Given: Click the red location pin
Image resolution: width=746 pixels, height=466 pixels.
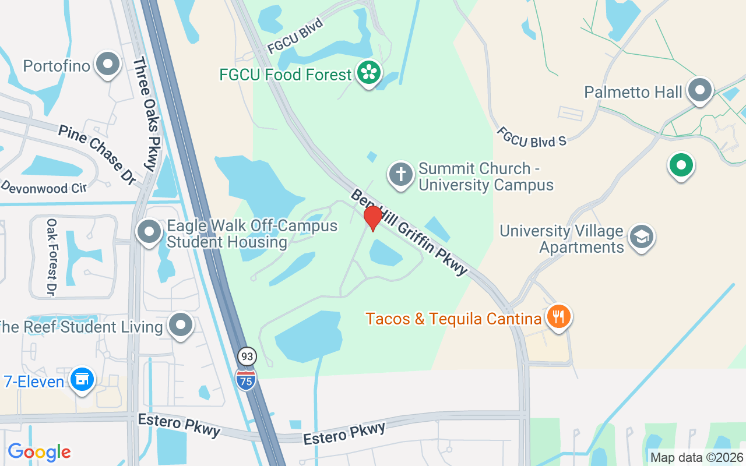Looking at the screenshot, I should coord(372,218).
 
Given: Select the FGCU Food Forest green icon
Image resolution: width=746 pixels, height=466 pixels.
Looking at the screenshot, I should coord(369,73).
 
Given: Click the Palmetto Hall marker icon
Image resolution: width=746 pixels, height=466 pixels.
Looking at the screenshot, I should coord(699,91).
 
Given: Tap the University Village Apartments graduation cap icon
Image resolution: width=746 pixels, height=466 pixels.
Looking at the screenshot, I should coord(642,237).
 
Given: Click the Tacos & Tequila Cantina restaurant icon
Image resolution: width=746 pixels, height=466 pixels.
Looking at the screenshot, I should coord(558,317).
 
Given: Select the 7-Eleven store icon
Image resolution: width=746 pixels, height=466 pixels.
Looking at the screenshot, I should coord(82,380).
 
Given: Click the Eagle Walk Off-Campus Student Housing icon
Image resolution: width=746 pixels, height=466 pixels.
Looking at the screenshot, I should coord(149,231).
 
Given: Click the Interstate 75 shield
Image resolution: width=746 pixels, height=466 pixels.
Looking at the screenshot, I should coord(246,379).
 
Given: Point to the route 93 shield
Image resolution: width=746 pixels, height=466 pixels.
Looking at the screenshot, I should coord(246,356).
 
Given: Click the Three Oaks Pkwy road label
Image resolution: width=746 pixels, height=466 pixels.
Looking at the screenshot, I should coord(145,114).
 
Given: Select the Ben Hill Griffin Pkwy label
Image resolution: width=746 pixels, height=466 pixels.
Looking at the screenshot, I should coord(409,232).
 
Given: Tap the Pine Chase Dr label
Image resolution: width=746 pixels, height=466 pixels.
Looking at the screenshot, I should coord(97,155).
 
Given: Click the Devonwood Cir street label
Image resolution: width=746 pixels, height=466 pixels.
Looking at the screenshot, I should coord(44,188).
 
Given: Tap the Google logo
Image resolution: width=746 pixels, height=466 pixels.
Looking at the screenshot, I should coord(39,452).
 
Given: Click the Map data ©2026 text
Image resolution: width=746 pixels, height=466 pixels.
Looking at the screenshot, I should coord(696,458).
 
